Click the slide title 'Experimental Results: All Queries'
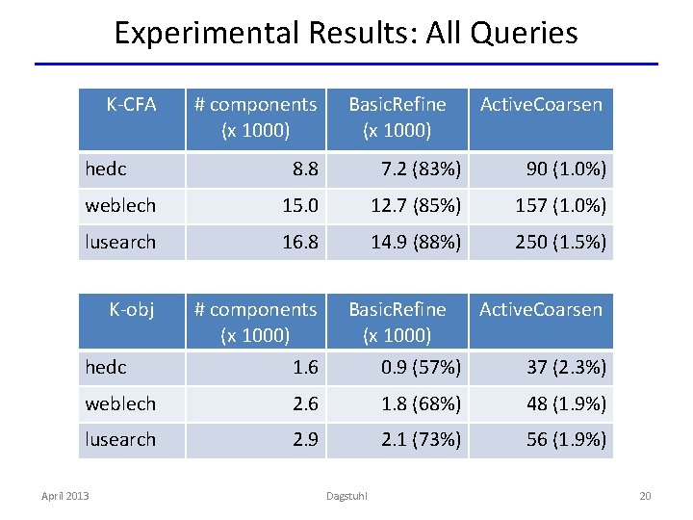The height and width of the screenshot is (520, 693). [346, 33]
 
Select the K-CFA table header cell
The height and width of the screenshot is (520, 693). [131, 104]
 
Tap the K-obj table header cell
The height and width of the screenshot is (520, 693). [131, 309]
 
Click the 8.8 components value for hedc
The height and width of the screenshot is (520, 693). [305, 169]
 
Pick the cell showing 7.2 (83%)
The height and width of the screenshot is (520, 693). [421, 169]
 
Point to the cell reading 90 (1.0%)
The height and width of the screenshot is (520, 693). [565, 169]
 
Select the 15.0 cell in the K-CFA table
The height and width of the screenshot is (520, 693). [300, 206]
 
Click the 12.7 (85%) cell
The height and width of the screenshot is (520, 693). [416, 206]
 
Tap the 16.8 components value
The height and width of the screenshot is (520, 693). [300, 242]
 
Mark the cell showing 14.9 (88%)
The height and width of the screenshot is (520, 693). [416, 242]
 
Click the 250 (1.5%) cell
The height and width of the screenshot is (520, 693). [560, 242]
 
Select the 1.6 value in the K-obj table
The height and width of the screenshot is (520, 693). [305, 367]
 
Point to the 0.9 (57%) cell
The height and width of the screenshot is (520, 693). [421, 367]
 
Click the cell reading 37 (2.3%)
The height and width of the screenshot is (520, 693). [565, 367]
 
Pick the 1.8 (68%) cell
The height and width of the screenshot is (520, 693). [421, 403]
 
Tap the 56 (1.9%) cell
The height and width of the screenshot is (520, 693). [565, 439]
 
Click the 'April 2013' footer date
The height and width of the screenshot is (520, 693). [64, 496]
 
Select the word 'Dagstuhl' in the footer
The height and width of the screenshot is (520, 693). [347, 496]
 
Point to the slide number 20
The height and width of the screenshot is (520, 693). [645, 496]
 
